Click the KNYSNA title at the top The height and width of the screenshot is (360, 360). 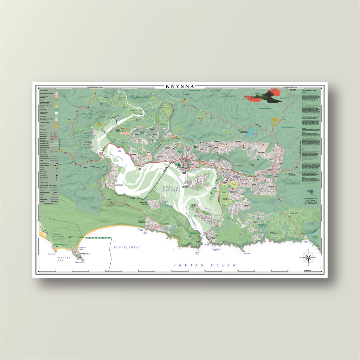pos(180,86)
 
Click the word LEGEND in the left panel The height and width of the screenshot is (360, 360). pos(46,90)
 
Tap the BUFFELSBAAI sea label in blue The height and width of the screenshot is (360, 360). pos(127,247)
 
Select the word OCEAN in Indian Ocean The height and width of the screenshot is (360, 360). pos(223,265)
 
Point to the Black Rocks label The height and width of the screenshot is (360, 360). pos(197,252)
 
